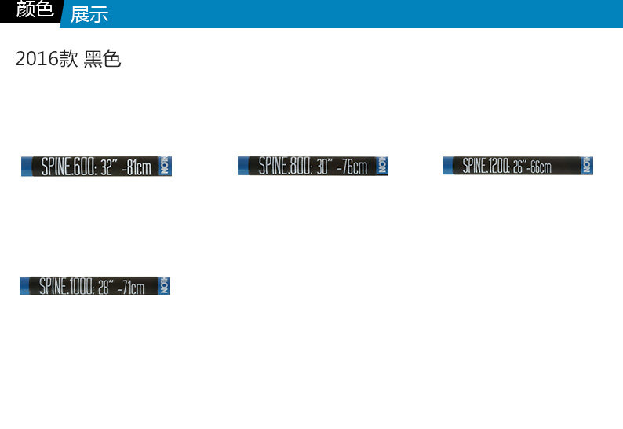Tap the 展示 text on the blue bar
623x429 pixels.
point(89,14)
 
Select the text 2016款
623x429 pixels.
point(46,60)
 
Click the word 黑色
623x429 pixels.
point(103,60)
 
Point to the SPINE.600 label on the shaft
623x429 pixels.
point(68,167)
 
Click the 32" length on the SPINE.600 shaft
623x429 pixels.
point(108,167)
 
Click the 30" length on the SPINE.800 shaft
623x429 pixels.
point(326,166)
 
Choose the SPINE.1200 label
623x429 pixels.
point(486,165)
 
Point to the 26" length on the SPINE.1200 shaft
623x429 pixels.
point(520,166)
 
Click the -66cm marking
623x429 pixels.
point(540,167)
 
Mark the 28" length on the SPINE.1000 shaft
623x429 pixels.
point(105,287)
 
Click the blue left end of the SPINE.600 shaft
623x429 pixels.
point(28,167)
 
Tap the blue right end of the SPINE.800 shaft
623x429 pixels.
point(383,166)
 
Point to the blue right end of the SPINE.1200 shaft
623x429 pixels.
point(588,165)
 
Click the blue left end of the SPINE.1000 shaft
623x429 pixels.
point(27,286)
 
